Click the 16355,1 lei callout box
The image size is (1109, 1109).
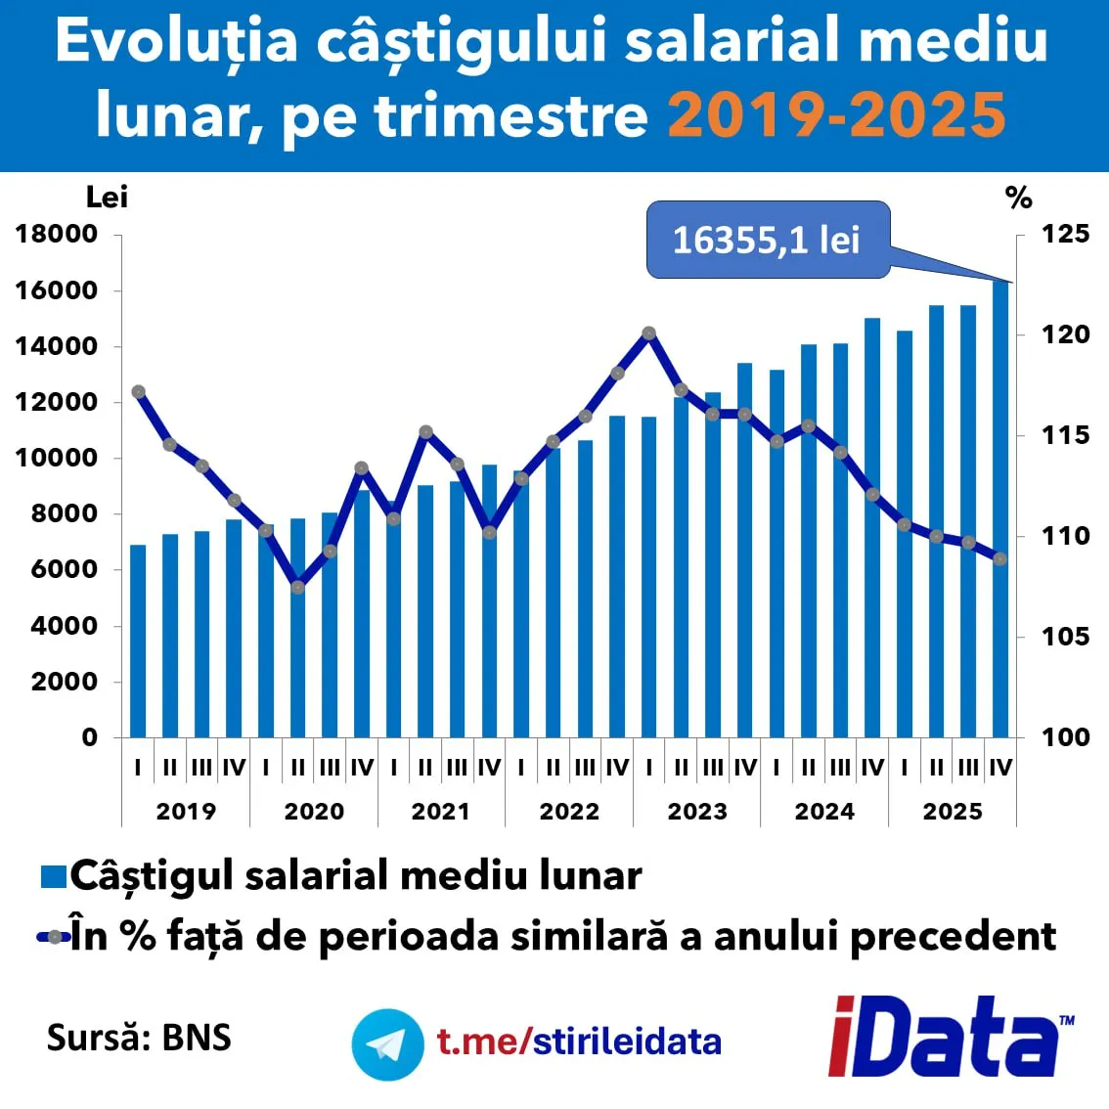pos(768,240)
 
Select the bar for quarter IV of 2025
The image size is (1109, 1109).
pos(999,509)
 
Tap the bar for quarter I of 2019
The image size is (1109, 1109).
pos(138,641)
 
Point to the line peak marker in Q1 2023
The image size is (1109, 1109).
pos(648,333)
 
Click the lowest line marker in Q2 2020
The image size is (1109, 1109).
pos(298,587)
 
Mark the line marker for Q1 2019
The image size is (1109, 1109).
pos(138,392)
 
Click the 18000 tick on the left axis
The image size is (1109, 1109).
pos(57,235)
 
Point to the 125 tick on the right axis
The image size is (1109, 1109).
pos(1064,235)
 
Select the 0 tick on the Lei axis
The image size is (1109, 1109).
pos(89,737)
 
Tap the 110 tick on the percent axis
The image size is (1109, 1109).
pos(1064,536)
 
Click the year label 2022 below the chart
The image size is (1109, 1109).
pos(569,812)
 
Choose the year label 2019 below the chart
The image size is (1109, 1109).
pos(186,812)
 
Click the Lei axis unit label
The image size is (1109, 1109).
pos(107,198)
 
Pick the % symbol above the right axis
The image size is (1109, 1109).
pos(1018,199)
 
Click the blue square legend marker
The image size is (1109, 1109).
pos(53,876)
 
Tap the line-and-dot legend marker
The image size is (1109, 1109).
pos(54,937)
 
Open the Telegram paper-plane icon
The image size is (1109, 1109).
pos(387,1044)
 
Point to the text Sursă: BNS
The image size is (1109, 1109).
pos(139,1037)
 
